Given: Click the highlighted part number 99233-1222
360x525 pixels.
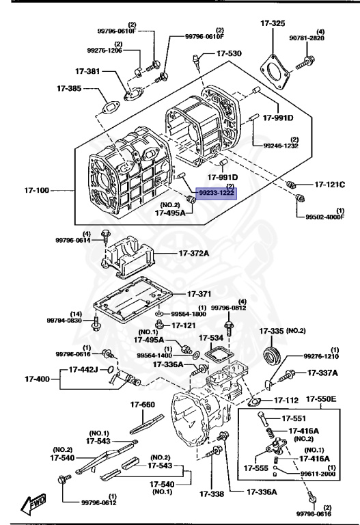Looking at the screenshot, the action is click(x=216, y=193).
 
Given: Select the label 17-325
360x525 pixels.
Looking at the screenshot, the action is click(x=273, y=23).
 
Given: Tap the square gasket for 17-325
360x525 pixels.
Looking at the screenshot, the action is click(x=275, y=72).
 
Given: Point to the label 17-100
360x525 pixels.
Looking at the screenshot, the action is click(x=36, y=190).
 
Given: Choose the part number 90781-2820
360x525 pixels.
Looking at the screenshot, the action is click(x=307, y=38).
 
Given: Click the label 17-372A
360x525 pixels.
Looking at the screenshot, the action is click(x=194, y=253).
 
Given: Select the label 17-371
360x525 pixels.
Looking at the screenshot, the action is click(x=199, y=294).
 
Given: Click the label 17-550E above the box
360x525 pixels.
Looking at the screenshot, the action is click(x=321, y=399).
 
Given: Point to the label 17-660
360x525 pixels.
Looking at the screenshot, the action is click(x=143, y=405).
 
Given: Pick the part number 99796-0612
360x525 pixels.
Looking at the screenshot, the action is click(x=99, y=502).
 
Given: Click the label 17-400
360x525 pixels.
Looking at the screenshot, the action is click(x=37, y=379).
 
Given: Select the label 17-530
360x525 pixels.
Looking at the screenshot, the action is click(x=229, y=53).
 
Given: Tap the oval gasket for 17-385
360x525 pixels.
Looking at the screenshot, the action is click(x=109, y=107).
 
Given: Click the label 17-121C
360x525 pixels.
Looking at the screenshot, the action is click(x=329, y=184).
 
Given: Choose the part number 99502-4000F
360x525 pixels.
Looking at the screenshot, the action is click(x=325, y=217).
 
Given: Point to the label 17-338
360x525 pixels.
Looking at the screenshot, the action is click(x=212, y=494).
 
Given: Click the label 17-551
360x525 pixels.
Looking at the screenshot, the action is click(x=294, y=418).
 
